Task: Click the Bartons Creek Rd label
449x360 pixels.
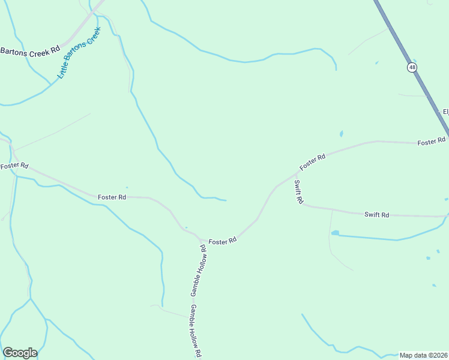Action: (x=30, y=51)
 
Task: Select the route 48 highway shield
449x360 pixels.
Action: (x=411, y=67)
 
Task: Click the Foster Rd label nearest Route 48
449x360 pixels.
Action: (x=431, y=142)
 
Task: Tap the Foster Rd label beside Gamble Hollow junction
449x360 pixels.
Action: (x=222, y=241)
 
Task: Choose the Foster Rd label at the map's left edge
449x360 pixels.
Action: (x=14, y=165)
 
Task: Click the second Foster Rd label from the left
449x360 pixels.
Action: (x=112, y=197)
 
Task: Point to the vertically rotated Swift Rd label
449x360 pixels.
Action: (x=298, y=192)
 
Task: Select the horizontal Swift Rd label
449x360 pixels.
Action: (x=377, y=214)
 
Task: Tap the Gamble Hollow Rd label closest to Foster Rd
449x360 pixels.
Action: (x=199, y=270)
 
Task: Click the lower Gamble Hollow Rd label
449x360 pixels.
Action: (x=195, y=331)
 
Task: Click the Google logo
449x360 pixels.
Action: (x=20, y=353)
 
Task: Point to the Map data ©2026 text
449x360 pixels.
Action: (x=423, y=355)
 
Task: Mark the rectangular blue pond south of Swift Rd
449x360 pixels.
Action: (x=335, y=233)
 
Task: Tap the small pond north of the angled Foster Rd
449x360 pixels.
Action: (x=341, y=134)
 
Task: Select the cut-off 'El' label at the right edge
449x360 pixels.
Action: (x=445, y=112)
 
